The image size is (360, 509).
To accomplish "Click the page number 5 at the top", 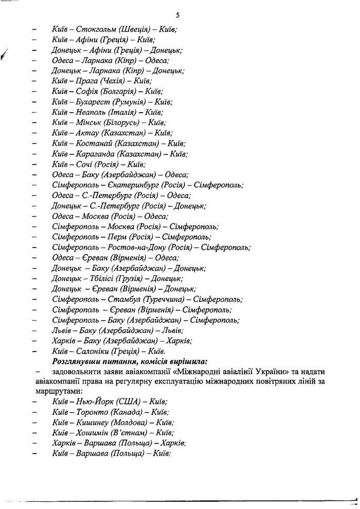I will (177, 15).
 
